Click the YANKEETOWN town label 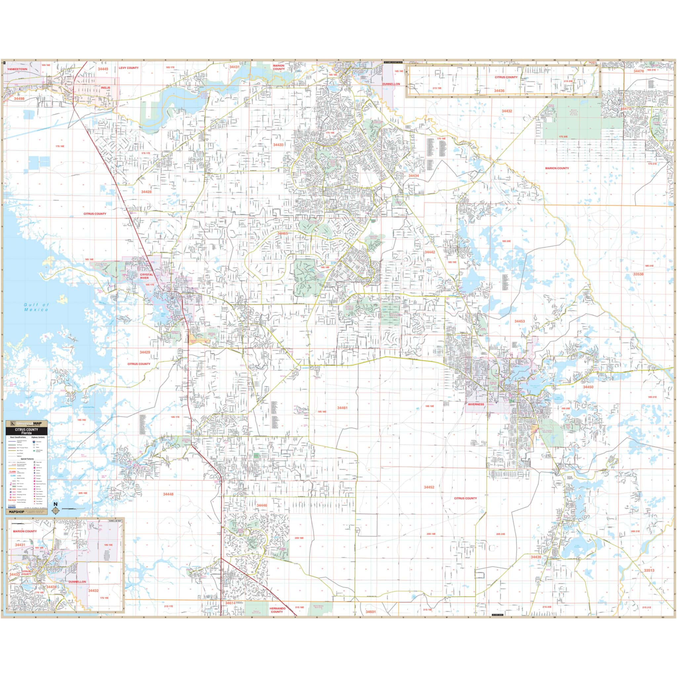(x=17, y=69)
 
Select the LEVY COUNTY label (x=129, y=68)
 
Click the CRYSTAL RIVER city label (x=144, y=276)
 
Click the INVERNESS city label (x=476, y=404)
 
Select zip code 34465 (x=282, y=233)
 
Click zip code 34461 (x=342, y=408)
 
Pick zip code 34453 (x=520, y=321)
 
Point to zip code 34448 (x=168, y=494)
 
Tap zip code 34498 (x=20, y=99)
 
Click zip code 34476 (x=638, y=71)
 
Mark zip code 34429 (x=145, y=352)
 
